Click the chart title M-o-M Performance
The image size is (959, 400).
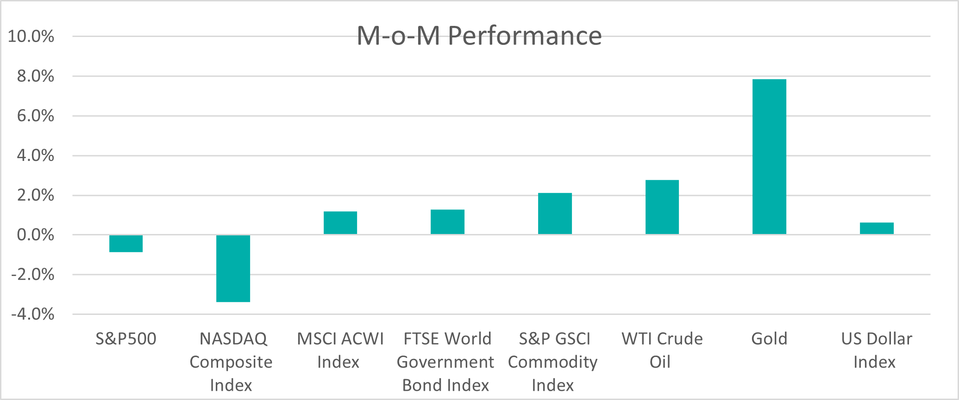click(479, 36)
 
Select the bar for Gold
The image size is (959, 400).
click(769, 157)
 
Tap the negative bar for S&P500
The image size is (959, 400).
click(126, 244)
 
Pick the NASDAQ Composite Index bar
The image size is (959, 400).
click(233, 269)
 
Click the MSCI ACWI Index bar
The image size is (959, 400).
click(340, 223)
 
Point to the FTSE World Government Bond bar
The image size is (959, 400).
click(447, 222)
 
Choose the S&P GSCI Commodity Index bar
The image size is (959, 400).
click(555, 214)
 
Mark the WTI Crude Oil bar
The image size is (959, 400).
click(662, 207)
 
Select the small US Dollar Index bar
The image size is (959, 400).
click(877, 228)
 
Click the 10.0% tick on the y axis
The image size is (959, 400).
click(31, 37)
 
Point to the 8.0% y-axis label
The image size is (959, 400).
click(36, 76)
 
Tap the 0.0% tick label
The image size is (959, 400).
click(36, 235)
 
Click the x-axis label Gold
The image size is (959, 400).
click(769, 339)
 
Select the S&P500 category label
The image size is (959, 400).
click(126, 339)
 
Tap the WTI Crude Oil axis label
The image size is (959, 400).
click(662, 350)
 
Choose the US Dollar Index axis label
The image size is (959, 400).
click(876, 350)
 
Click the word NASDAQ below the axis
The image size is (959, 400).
click(233, 339)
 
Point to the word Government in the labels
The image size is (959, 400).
click(445, 362)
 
